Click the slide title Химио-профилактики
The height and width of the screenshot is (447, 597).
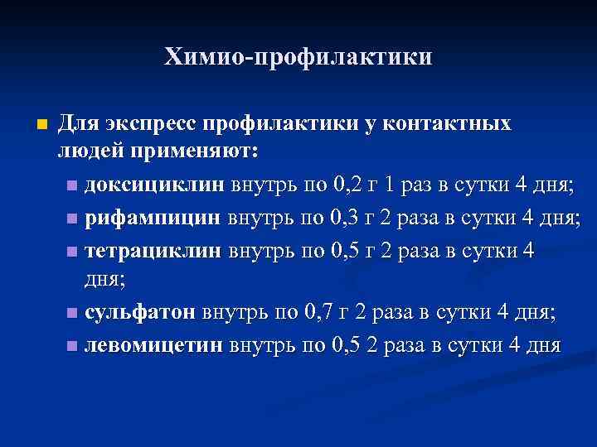tap(298, 57)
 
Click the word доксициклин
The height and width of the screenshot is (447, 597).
tap(153, 185)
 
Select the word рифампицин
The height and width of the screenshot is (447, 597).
tap(152, 218)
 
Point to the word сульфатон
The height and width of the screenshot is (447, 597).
tap(140, 313)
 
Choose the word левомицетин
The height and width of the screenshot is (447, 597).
tap(153, 344)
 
